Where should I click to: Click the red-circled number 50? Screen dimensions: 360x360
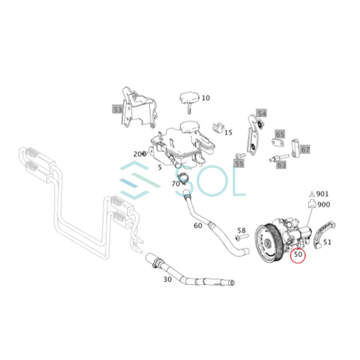tap(298, 255)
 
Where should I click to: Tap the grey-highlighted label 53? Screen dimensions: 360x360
tap(117, 109)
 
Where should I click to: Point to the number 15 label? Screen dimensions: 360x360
tap(228, 132)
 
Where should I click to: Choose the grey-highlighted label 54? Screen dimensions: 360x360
tap(262, 114)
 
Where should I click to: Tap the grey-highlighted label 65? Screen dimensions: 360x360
tap(280, 134)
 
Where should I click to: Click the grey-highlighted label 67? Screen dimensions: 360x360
tap(305, 150)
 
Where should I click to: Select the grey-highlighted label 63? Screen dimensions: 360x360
tap(282, 164)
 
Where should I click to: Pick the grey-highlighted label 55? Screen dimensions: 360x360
tap(239, 164)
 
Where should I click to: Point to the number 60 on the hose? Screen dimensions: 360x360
tap(198, 226)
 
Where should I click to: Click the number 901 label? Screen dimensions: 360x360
tap(322, 194)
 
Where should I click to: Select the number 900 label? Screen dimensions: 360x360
tap(323, 205)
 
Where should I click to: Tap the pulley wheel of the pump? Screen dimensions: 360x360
tap(268, 240)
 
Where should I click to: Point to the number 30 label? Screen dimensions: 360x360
tap(167, 279)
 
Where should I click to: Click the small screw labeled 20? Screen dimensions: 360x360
tap(145, 154)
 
